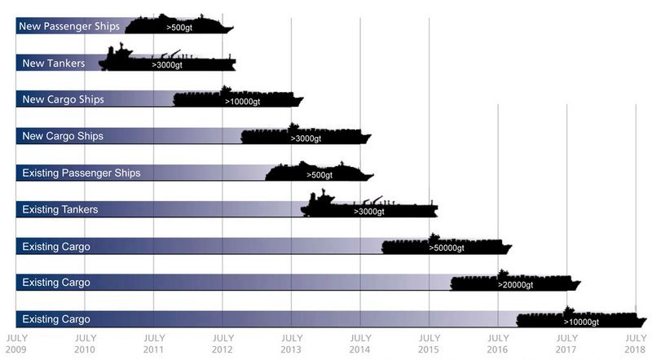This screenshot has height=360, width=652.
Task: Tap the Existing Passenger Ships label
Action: click(81, 173)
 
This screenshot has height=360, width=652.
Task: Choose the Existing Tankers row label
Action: click(60, 209)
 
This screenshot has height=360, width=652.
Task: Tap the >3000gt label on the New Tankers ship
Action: click(167, 64)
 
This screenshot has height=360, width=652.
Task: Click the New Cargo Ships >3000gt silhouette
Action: click(306, 135)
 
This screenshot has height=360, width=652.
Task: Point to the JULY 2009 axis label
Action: click(16, 343)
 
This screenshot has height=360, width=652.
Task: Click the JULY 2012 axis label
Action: click(222, 343)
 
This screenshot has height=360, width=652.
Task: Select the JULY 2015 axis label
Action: click(430, 343)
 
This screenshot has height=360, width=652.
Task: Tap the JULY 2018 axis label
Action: click(636, 343)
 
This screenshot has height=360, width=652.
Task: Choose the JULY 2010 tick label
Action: click(85, 343)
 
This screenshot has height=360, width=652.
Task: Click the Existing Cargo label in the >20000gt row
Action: click(56, 283)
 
